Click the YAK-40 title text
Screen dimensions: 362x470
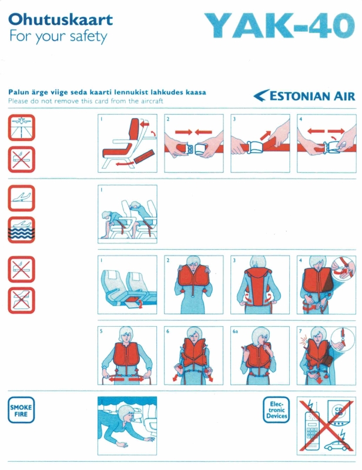(280, 26)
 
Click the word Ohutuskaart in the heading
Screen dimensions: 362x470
(61, 20)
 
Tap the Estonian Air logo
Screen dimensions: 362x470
(304, 96)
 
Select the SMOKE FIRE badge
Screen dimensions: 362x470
(21, 409)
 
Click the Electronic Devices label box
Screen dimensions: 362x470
(276, 409)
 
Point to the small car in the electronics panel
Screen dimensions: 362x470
(337, 445)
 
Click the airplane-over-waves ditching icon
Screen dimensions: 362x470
(21, 230)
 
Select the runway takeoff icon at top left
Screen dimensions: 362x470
(21, 127)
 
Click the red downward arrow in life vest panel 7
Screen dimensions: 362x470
(320, 380)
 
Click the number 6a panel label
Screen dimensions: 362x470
(235, 331)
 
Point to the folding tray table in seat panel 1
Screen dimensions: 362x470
(144, 156)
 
